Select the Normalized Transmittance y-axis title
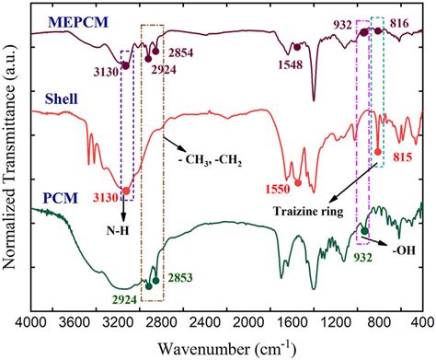pos(12,157)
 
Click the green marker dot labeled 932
pos(364,230)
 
